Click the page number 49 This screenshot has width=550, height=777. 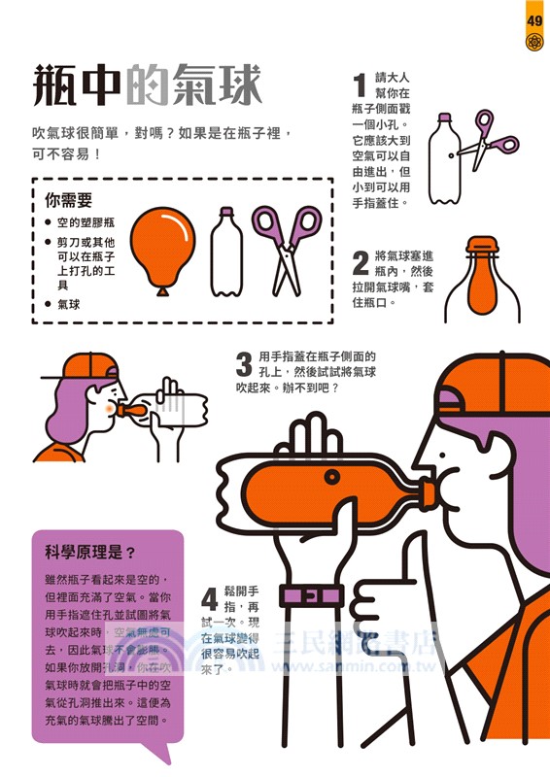tap(534, 20)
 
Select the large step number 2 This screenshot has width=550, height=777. tap(360, 262)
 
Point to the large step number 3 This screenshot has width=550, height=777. tap(244, 365)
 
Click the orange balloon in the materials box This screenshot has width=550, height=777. tap(160, 247)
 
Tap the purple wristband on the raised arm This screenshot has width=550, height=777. tap(311, 594)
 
